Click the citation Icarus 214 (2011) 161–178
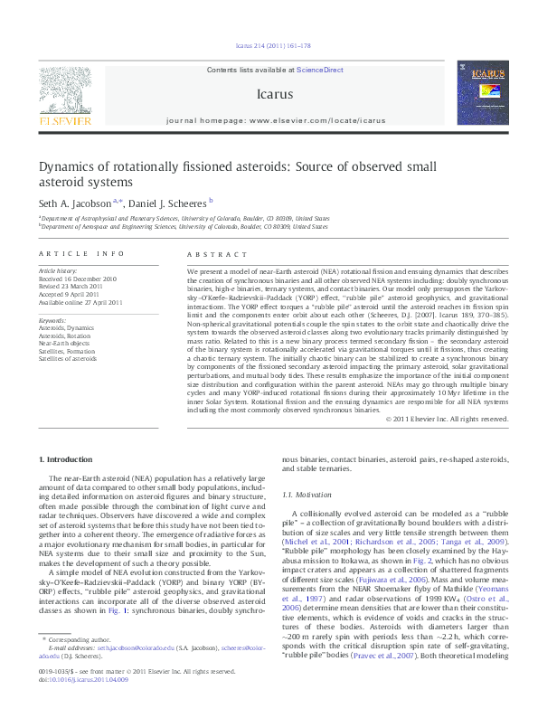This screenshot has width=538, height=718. pyautogui.click(x=269, y=44)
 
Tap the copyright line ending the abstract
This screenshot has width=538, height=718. pyautogui.click(x=459, y=419)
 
